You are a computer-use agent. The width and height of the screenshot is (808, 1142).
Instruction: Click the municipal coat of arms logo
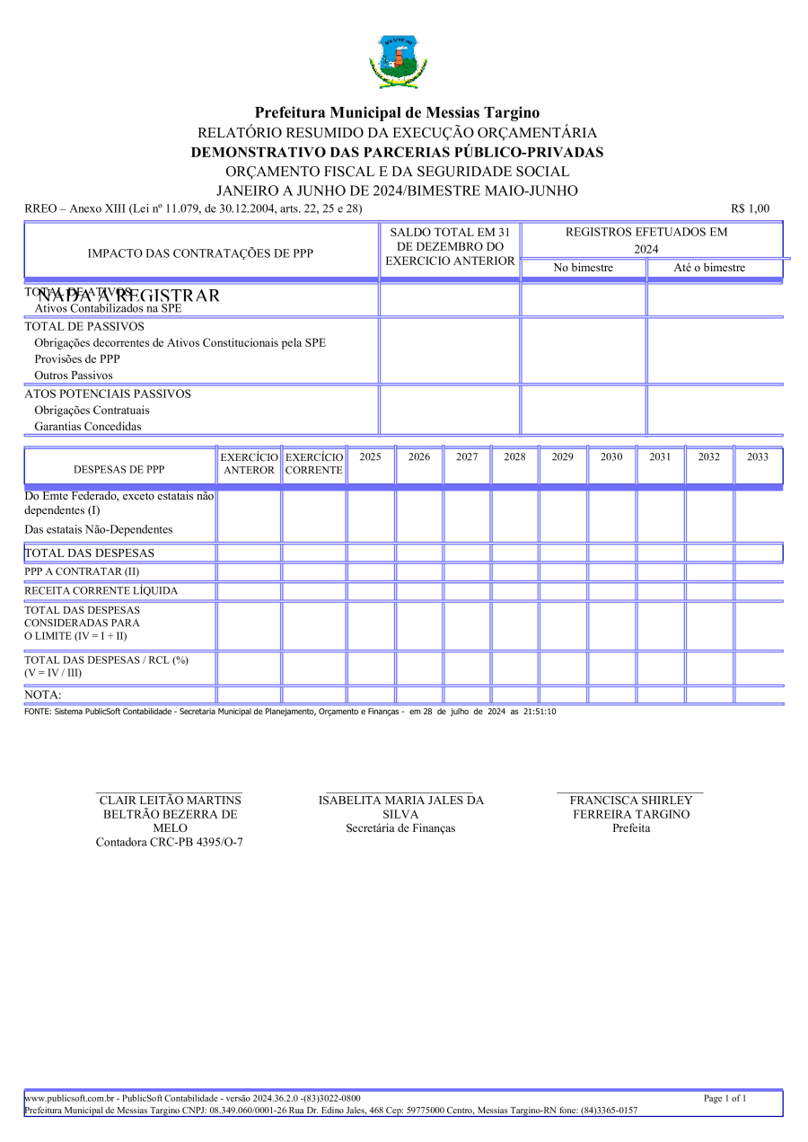pos(397,61)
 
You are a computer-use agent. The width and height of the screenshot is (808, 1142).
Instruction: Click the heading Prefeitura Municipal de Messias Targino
pos(397,112)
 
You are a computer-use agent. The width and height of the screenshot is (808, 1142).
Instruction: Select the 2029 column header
pos(563,456)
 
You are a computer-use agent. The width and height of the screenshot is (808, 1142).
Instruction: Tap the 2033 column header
pos(758,456)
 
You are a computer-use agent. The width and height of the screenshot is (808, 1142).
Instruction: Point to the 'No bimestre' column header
pos(584,268)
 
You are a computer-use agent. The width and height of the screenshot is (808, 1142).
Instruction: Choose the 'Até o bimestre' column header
pos(709,268)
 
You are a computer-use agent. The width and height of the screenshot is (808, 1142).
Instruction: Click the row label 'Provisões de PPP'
pos(71,359)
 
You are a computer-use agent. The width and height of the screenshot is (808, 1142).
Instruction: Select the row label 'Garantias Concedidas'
pos(88,427)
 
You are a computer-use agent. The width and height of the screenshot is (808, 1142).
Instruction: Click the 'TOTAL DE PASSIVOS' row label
pos(84,326)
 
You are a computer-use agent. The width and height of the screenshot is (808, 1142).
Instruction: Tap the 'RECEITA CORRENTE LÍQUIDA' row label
pos(101,590)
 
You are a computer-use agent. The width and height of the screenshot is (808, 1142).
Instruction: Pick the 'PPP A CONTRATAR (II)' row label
pos(82,571)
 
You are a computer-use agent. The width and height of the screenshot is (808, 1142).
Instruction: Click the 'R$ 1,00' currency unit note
pos(750,208)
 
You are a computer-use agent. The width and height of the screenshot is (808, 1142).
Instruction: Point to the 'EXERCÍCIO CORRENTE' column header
pos(314,464)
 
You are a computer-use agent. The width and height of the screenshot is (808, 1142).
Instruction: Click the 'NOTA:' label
pos(43,695)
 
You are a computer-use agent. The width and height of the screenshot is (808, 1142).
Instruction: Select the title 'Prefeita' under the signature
pos(631,828)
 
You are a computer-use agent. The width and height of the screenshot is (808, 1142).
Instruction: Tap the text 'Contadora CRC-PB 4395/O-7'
pos(170,842)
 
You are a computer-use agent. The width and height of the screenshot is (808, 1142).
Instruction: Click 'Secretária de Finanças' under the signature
pos(400,828)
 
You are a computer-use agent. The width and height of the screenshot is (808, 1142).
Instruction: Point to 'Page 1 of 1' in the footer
pos(725,1098)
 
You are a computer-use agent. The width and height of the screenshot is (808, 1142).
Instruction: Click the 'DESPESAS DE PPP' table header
pos(119,469)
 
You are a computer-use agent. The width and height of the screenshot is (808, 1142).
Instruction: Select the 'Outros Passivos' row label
pos(74,375)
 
